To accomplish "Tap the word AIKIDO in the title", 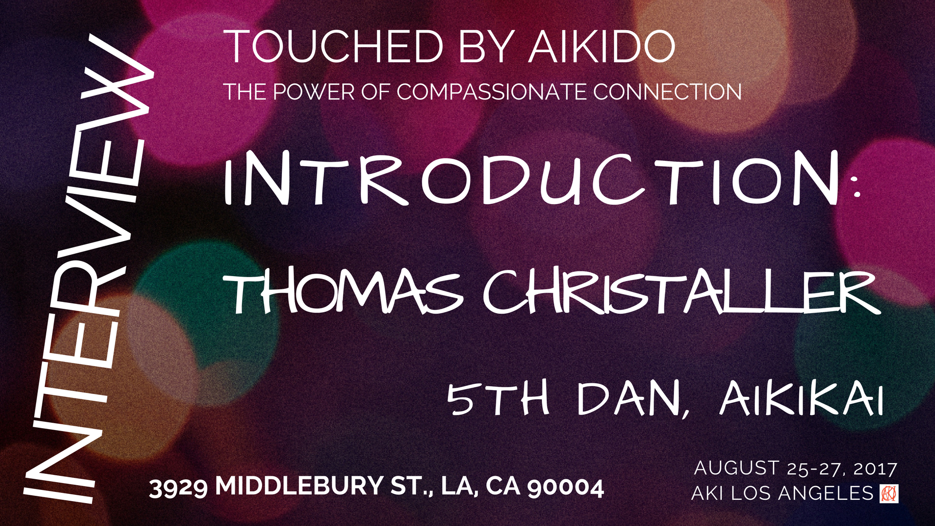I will pos(602,47).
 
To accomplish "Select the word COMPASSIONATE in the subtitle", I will pos(492,92).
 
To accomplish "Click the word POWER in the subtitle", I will pos(314,92).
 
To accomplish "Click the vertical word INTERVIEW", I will pos(88,268).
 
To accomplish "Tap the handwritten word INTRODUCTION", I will pos(531,179).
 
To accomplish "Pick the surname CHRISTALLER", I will pos(682,292).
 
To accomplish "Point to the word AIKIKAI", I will pos(801,399).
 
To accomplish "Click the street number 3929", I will pos(178,487).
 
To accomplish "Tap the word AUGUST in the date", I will pos(736,468).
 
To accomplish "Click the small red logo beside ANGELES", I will pos(889,493).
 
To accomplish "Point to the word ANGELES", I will pos(825,493).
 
